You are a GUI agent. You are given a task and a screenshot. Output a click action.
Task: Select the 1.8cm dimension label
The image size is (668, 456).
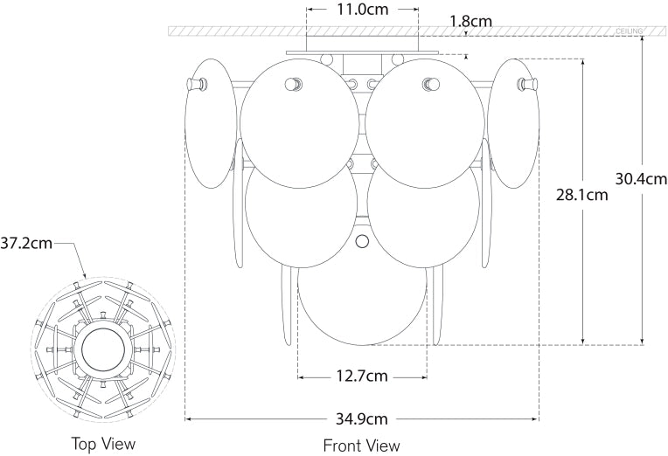(469, 18)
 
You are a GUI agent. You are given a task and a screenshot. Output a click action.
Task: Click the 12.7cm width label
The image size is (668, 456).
(363, 377)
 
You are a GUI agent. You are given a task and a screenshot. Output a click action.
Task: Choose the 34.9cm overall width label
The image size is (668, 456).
(363, 419)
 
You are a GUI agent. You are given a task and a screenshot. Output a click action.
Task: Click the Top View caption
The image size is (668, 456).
(103, 444)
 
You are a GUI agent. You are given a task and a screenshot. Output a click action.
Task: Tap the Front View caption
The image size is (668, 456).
(362, 446)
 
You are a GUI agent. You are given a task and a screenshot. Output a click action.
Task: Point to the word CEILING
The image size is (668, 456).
(630, 31)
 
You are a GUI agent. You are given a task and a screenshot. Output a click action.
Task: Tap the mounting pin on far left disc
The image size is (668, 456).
(198, 84)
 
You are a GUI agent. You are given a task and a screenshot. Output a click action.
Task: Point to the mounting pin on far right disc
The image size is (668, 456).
(526, 84)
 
